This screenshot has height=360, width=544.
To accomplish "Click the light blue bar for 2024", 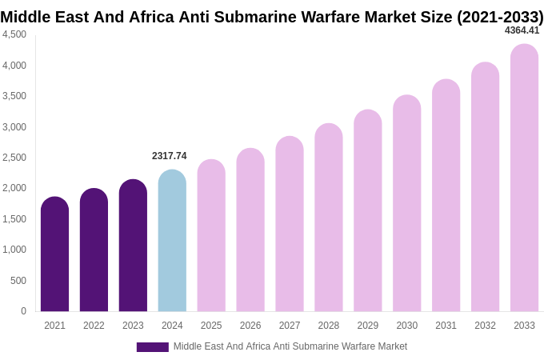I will (x=172, y=241).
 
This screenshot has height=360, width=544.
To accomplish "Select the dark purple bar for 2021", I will (x=54, y=254).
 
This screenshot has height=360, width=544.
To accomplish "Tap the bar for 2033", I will (x=524, y=178).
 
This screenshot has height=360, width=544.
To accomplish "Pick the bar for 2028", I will (x=328, y=218).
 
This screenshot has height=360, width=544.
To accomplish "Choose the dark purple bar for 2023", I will (x=133, y=246).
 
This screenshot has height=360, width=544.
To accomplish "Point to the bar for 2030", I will (x=406, y=203).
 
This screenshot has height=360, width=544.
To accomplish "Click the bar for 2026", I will (x=250, y=230).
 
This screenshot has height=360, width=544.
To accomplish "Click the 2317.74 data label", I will (x=170, y=156).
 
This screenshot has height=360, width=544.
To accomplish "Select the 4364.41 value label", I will (x=522, y=30).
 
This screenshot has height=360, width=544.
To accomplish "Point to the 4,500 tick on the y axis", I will (x=14, y=34).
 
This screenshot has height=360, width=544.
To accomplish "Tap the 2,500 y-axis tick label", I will (x=14, y=158).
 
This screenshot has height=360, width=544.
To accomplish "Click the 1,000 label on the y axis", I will (x=14, y=250).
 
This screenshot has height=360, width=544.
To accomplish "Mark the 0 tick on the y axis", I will (x=23, y=311).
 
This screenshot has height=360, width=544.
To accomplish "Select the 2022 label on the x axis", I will (x=94, y=326).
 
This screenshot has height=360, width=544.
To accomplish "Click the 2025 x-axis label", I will (x=211, y=326).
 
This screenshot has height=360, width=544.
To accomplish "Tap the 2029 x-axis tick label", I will (x=367, y=326).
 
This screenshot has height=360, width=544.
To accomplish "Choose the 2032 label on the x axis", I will (x=485, y=326).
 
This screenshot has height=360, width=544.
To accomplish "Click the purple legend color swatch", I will (x=152, y=347).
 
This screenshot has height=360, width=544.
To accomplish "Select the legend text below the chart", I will (x=290, y=346).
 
